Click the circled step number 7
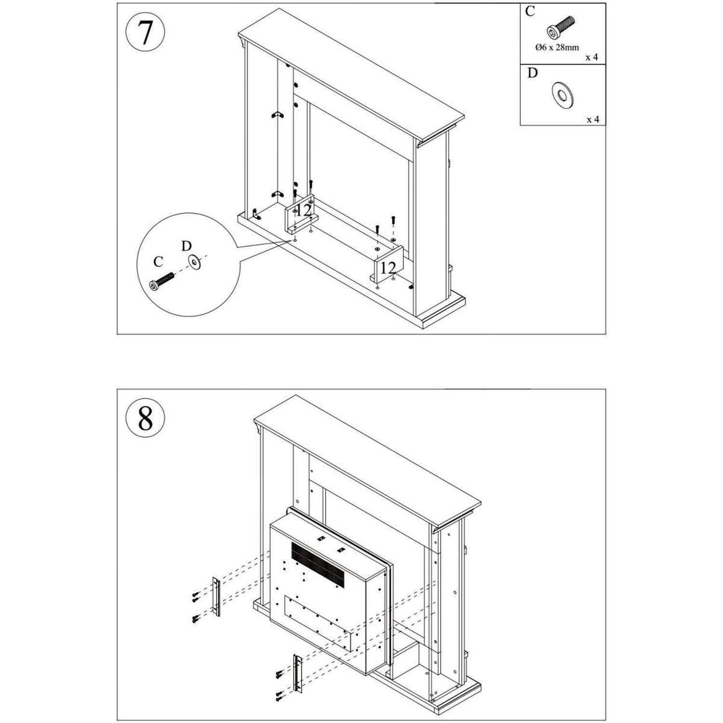[145, 33]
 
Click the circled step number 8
[145, 418]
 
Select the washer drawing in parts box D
[562, 94]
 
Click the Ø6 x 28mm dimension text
[557, 47]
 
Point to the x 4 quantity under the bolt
[592, 57]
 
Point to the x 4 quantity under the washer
[593, 119]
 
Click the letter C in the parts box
[530, 12]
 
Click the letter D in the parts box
[532, 73]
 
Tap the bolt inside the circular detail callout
[161, 281]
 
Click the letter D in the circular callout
[186, 246]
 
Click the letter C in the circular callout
[158, 262]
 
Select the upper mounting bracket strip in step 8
[216, 597]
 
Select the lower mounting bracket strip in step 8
[297, 674]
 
